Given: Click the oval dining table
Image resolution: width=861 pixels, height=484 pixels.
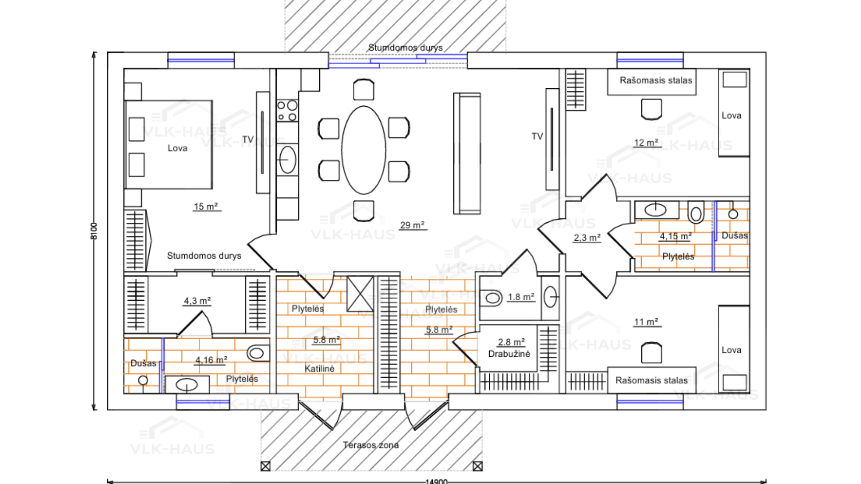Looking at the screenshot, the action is pyautogui.click(x=364, y=150).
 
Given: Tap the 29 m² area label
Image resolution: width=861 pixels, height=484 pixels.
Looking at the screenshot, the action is pyautogui.click(x=412, y=225).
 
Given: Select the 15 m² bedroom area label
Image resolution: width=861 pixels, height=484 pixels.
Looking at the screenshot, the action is pyautogui.click(x=206, y=206).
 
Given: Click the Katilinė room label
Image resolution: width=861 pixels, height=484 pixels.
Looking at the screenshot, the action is pyautogui.click(x=319, y=368).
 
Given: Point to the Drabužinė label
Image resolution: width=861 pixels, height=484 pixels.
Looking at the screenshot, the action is pyautogui.click(x=509, y=354).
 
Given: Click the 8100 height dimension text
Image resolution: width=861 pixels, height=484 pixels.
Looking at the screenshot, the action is pyautogui.click(x=94, y=231).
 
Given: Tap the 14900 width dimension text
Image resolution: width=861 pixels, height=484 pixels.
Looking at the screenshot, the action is pyautogui.click(x=436, y=481).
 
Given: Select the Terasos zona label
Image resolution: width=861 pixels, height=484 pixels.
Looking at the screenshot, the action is pyautogui.click(x=371, y=445).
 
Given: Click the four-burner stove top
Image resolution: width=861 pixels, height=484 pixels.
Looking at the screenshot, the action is pyautogui.click(x=287, y=111).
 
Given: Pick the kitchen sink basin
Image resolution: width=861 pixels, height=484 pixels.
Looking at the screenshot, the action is pyautogui.click(x=287, y=160).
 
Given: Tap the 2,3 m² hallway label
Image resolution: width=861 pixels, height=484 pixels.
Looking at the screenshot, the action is pyautogui.click(x=587, y=238).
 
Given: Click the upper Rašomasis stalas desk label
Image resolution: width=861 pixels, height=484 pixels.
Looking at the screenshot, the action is pyautogui.click(x=656, y=80).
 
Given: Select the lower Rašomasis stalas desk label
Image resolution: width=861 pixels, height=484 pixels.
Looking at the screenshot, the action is pyautogui.click(x=651, y=380).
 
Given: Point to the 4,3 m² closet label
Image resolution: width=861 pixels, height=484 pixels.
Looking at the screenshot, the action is pyautogui.click(x=197, y=301).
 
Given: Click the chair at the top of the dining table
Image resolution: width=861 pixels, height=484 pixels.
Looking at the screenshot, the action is pyautogui.click(x=364, y=90).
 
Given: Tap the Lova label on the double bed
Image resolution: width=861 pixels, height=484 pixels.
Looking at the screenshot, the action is pyautogui.click(x=178, y=148).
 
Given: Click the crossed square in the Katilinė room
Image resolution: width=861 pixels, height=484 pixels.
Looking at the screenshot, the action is pyautogui.click(x=360, y=294).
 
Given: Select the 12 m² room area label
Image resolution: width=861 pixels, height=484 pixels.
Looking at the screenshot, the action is pyautogui.click(x=646, y=143).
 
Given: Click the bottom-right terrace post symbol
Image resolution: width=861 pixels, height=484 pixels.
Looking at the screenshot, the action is pyautogui.click(x=478, y=466).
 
